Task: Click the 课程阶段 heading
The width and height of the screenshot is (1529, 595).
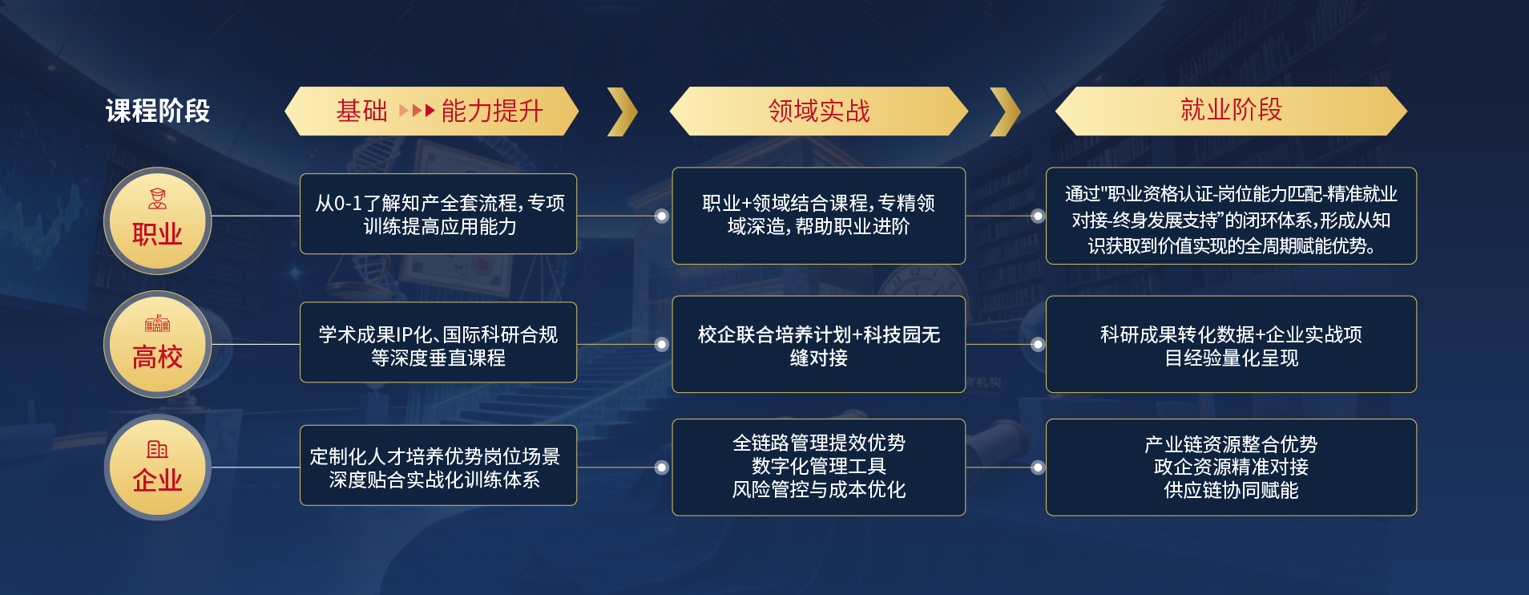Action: click(158, 111)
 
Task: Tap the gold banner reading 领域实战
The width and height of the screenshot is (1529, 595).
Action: click(818, 111)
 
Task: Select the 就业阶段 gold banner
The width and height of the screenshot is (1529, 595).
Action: click(1231, 111)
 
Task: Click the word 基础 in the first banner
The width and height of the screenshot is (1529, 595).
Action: click(361, 111)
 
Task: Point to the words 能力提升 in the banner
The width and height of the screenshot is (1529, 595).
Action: click(492, 111)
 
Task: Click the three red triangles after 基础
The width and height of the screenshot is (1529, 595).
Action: click(417, 111)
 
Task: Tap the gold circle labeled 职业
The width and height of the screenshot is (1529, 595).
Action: click(158, 221)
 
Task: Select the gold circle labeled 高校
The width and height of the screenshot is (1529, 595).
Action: click(158, 344)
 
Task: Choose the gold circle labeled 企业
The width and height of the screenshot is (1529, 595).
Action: click(158, 467)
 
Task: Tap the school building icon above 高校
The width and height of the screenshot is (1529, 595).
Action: click(158, 323)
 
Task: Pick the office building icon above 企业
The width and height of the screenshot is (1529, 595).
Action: click(158, 449)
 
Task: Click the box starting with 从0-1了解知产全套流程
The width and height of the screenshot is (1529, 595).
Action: click(438, 214)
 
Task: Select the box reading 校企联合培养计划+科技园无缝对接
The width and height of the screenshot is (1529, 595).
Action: click(818, 344)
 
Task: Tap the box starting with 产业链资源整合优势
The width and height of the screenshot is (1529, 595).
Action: click(1231, 467)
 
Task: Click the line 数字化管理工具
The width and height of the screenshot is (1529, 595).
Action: click(818, 466)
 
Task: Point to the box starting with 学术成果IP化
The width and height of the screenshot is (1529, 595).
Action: click(438, 342)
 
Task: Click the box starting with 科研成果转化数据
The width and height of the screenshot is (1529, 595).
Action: click(1231, 344)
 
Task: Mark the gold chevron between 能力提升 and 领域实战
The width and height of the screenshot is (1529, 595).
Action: click(623, 111)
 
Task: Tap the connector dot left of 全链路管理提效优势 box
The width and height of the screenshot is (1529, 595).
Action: click(662, 467)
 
